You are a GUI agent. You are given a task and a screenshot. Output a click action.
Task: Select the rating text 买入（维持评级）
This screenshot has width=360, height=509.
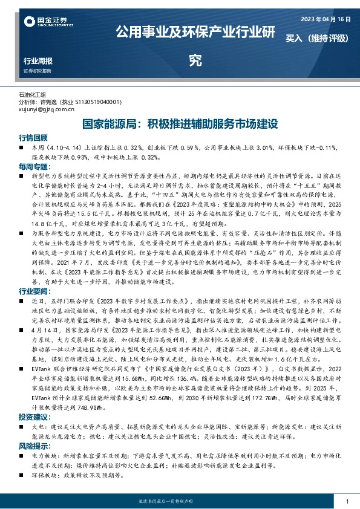coord(318,37)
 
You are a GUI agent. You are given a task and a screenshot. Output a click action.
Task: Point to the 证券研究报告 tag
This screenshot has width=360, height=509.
coord(38,71)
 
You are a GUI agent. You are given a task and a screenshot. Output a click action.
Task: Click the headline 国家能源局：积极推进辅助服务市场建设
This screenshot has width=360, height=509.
coord(180,125)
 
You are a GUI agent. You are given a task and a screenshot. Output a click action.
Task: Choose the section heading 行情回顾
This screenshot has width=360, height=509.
coord(33,137)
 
